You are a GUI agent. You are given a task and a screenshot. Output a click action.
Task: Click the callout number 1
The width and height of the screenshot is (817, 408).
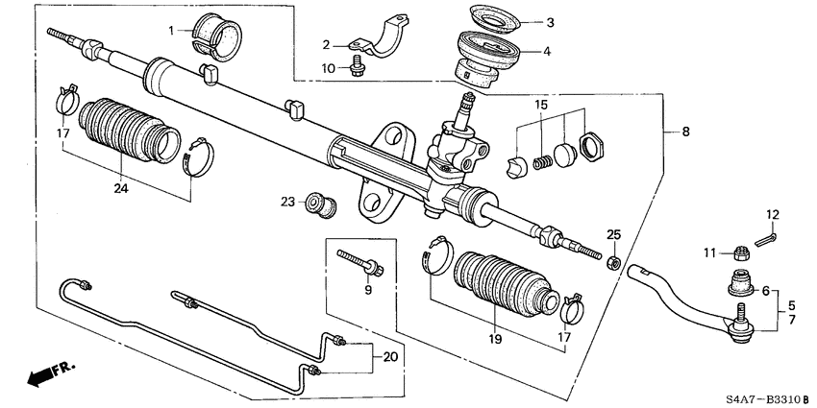[x=174, y=31]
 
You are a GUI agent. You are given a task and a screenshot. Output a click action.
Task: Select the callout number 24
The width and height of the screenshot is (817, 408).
[x=120, y=188]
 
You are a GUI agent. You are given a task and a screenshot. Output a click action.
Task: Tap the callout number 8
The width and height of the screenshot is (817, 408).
[x=685, y=132]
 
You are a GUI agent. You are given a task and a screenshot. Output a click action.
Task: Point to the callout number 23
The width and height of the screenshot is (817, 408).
[x=287, y=202]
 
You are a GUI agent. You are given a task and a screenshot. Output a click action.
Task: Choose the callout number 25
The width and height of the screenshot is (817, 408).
[x=615, y=235]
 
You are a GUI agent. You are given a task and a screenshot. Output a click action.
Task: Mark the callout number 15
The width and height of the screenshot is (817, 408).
[x=542, y=104]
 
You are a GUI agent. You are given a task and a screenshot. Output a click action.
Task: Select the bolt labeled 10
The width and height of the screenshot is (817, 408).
[x=358, y=68]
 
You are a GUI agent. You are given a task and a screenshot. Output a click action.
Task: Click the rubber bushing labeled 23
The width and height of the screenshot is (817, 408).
[x=317, y=204]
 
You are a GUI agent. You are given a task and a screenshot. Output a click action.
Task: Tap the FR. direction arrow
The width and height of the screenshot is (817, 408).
[x=43, y=374]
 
